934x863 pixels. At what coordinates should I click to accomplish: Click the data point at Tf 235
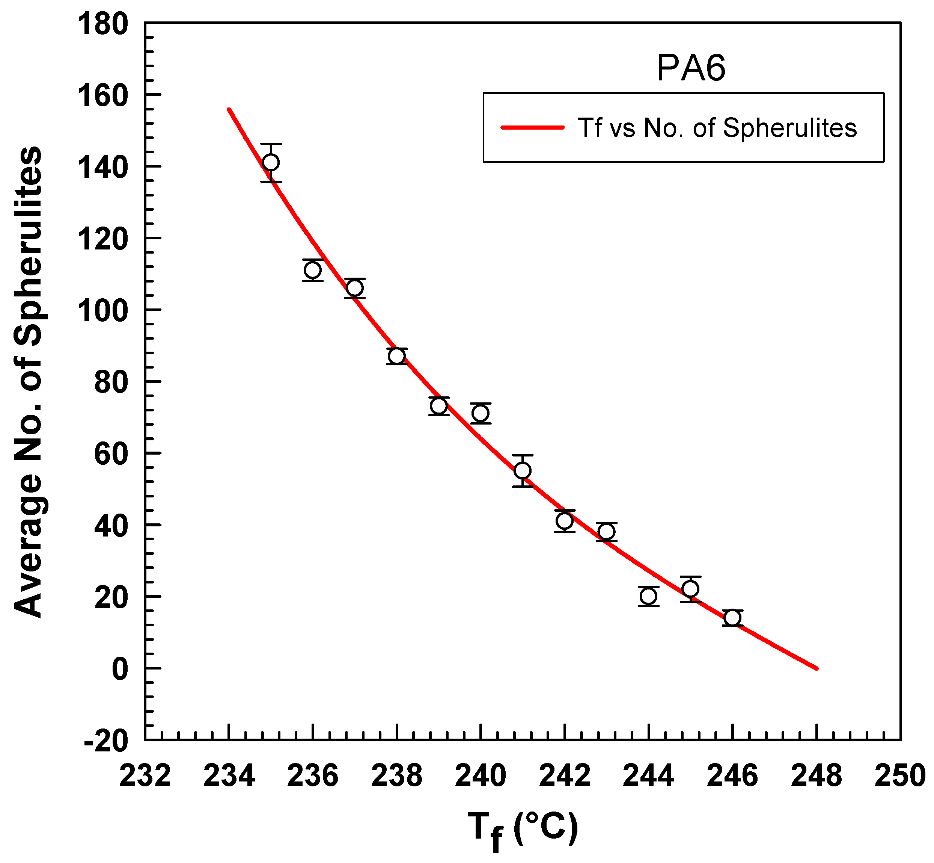pos(271,163)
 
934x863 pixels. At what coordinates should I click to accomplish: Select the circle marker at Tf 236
pos(313,270)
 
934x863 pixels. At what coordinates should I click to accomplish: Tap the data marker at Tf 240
pos(481,413)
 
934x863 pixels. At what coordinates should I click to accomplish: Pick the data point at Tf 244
pos(648,596)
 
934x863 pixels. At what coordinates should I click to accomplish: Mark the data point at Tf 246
pos(732,618)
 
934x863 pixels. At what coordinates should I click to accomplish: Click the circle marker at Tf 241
pos(523,471)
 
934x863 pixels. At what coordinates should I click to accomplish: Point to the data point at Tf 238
pos(396,356)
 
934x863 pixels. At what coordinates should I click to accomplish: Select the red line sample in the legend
pos(532,127)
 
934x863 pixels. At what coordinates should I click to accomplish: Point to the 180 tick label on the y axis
pos(102,24)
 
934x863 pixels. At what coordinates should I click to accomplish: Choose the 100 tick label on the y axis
pos(102,311)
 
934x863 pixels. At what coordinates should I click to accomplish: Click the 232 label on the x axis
pos(145,776)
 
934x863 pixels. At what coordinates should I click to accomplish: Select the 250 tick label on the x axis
pos(900,776)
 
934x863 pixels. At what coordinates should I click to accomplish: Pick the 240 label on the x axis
pos(481,776)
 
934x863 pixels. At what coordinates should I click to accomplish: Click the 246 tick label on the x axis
pos(732,776)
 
